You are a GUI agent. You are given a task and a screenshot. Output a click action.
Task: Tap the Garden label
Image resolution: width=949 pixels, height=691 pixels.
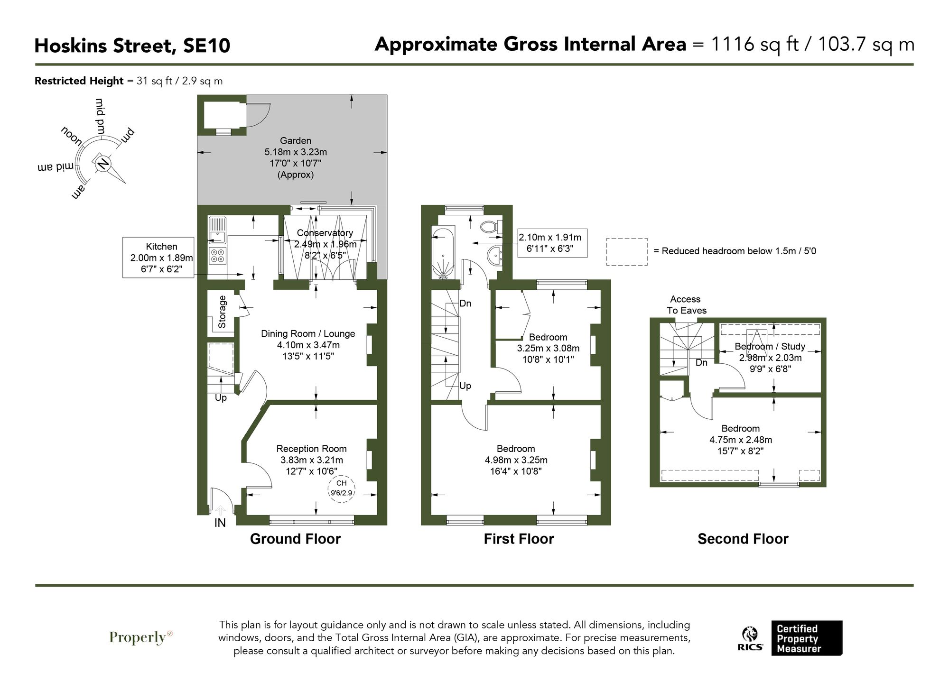point(296,141)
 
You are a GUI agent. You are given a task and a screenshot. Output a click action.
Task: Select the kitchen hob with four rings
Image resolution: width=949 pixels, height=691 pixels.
point(218,256)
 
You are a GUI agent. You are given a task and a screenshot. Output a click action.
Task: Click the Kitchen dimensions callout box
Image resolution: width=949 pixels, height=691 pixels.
point(158,258)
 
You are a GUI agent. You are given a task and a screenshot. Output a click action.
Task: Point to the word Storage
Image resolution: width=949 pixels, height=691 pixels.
point(222,312)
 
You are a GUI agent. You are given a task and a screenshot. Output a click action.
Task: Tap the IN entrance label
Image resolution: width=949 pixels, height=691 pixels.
point(220,523)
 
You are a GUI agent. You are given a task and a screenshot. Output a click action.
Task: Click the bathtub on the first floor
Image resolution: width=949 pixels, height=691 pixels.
point(443,253)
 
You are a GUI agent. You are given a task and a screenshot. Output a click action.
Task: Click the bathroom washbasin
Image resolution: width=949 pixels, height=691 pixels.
point(494,257)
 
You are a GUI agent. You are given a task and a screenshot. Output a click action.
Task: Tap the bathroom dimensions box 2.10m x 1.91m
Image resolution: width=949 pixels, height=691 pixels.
point(550,243)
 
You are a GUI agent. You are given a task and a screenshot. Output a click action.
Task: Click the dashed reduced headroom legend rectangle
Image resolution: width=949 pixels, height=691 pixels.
point(626,251)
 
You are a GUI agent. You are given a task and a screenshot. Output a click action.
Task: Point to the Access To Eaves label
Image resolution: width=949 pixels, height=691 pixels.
point(686,305)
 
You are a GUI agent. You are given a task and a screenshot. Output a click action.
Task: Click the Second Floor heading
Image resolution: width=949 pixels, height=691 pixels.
point(743,539)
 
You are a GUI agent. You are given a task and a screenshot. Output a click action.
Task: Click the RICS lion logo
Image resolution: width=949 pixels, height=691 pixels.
point(750,639)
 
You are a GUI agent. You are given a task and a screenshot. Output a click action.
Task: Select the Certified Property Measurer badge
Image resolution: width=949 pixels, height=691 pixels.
point(806,638)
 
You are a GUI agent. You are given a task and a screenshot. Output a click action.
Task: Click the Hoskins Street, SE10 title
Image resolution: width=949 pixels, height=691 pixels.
point(132,46)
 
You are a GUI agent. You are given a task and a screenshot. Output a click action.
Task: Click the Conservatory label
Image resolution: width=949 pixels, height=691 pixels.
point(325,233)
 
